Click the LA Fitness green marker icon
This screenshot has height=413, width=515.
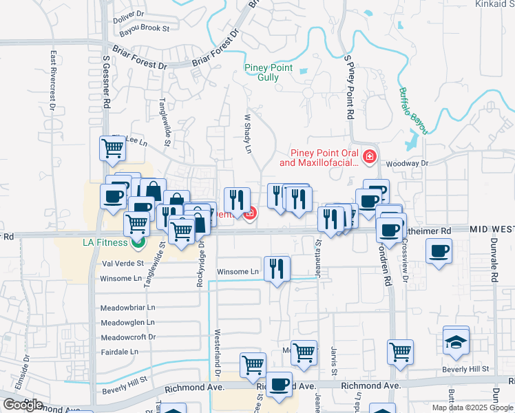pyautogui.click(x=138, y=242)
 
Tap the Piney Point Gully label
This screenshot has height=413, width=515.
pyautogui.click(x=269, y=72)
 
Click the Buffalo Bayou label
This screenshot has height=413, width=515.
pyautogui.click(x=414, y=111)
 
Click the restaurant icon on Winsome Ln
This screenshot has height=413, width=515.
pyautogui.click(x=277, y=268)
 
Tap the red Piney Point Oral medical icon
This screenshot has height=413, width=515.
pyautogui.click(x=370, y=157)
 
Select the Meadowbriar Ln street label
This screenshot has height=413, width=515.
pyautogui.click(x=128, y=307)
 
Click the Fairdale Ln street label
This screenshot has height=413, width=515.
pyautogui.click(x=119, y=351)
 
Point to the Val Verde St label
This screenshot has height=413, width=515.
pyautogui.click(x=122, y=263)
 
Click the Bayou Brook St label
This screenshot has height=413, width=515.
pyautogui.click(x=143, y=28)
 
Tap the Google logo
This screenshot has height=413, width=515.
pyautogui.click(x=23, y=405)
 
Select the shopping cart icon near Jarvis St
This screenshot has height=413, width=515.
pyautogui.click(x=400, y=352)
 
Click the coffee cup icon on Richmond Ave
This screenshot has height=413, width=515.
pyautogui.click(x=279, y=385)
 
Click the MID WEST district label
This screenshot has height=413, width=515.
pyautogui.click(x=492, y=229)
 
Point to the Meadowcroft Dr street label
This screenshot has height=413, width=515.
pyautogui.click(x=128, y=337)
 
